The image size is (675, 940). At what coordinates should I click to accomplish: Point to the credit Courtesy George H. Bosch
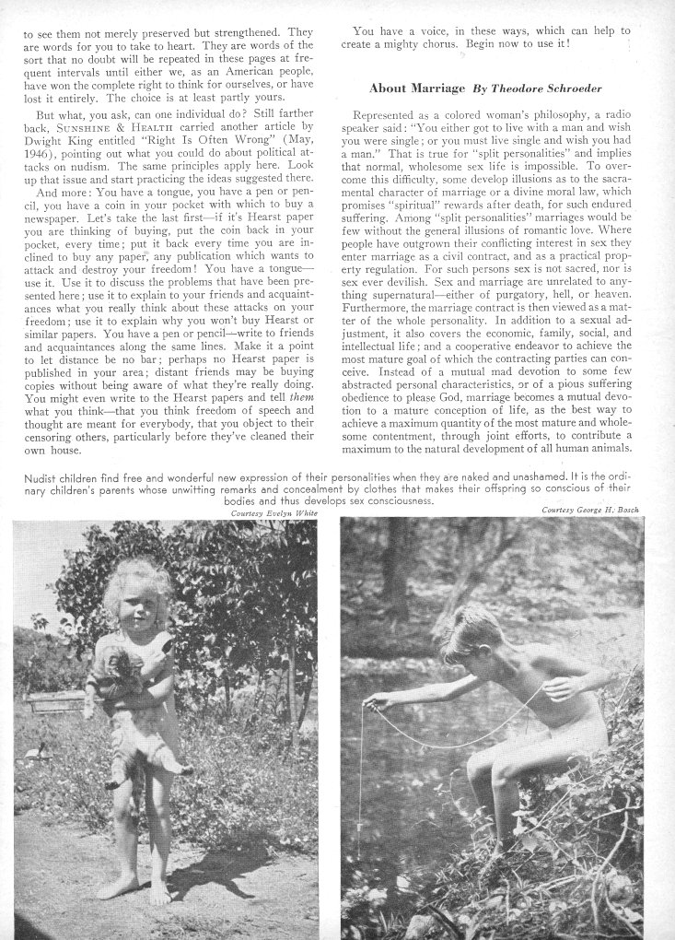coord(589,510)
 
